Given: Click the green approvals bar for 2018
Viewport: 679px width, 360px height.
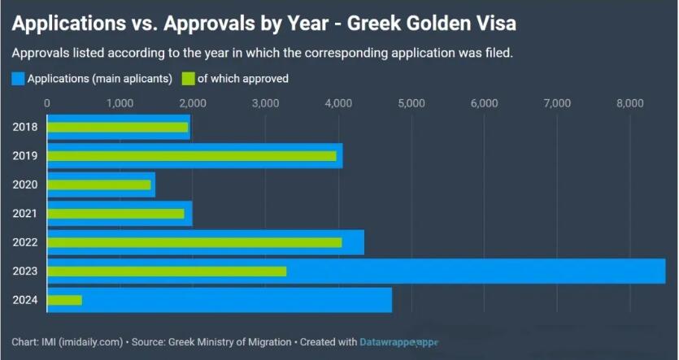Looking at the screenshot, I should point(117,127).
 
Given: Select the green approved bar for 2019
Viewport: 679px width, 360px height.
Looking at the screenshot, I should point(191,155).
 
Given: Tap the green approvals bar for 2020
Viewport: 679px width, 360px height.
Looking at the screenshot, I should point(99,184).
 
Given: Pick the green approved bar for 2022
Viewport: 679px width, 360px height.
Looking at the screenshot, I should point(194,242).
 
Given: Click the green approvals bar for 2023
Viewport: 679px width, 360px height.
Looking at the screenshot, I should point(167,271).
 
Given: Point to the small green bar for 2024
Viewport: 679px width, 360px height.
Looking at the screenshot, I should point(64,300).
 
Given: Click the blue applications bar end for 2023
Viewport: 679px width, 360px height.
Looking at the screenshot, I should point(659,271).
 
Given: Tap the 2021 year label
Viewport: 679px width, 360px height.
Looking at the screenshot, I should point(24,214).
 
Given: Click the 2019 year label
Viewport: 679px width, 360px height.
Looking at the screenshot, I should point(24,155).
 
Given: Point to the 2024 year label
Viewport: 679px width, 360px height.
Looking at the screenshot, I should point(24,300).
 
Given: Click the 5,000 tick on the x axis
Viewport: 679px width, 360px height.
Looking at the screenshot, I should point(411,103).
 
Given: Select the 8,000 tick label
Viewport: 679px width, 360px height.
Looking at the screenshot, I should point(629,103).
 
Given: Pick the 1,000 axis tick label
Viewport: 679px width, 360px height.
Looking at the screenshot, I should point(120,103).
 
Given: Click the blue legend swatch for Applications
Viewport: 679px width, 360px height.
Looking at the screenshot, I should point(18,79).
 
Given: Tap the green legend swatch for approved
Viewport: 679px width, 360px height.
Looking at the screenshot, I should point(188,79).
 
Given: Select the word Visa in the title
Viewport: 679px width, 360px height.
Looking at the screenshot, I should point(495,24).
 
